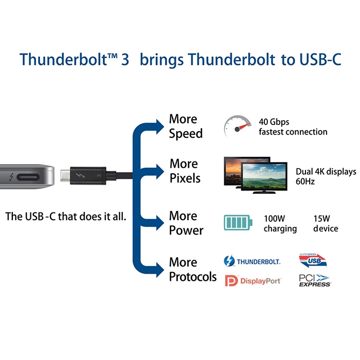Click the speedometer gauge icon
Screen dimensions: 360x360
[x=237, y=126]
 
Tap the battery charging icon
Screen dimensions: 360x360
[x=238, y=222]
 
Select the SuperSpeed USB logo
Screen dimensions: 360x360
[x=313, y=260]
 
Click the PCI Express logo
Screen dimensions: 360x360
[x=315, y=280]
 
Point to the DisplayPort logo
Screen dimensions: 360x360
[x=253, y=281]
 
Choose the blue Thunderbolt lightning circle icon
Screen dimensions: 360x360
[x=229, y=261]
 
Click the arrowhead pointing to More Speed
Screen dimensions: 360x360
[x=160, y=127]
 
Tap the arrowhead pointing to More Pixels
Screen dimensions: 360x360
[x=160, y=171]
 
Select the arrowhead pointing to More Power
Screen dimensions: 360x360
[x=160, y=223]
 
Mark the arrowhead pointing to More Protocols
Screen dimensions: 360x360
[x=160, y=269]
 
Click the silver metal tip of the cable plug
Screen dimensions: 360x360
[x=65, y=176]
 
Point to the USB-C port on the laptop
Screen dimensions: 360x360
[x=28, y=177]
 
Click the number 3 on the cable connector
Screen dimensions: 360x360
[x=99, y=176]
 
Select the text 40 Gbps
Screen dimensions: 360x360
[x=274, y=122]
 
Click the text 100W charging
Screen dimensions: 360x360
[x=280, y=223]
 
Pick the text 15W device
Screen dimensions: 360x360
[x=326, y=223]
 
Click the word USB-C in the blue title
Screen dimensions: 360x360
[x=320, y=60]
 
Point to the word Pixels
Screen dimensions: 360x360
[x=185, y=178]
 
